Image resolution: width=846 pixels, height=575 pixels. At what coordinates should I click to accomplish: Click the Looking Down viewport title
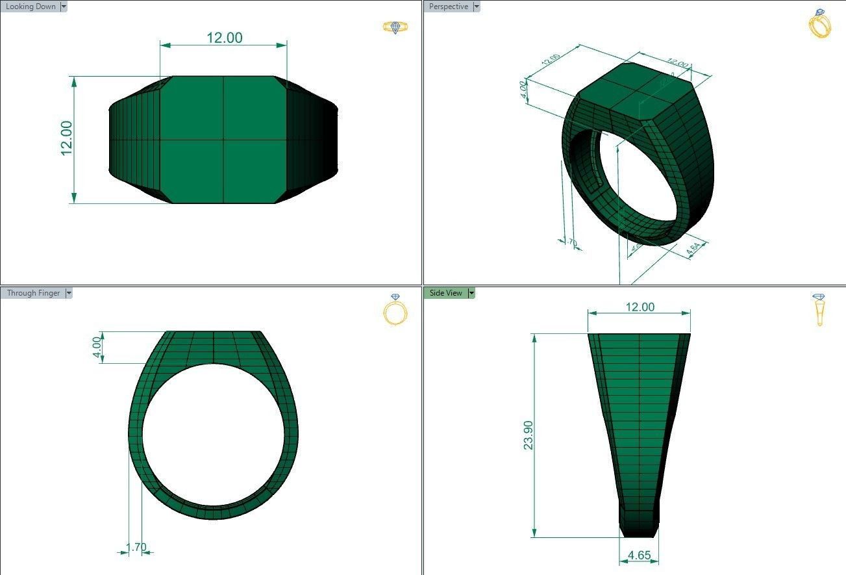31,6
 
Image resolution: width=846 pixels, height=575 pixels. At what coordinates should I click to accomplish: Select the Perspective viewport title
449,6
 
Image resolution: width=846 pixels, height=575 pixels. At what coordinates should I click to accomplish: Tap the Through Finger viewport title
33,293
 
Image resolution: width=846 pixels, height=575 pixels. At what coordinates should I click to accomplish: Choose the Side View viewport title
445,293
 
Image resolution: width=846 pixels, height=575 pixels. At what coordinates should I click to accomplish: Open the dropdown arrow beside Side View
472,293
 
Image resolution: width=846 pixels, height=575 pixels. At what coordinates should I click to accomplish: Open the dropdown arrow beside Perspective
477,6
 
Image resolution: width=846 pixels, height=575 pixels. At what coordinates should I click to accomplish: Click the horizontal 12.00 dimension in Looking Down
224,38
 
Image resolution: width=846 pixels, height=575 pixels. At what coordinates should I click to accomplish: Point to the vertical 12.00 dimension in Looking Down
66,138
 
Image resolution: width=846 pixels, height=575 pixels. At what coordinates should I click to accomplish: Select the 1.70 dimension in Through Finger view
136,548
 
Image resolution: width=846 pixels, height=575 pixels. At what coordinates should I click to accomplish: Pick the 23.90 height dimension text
528,435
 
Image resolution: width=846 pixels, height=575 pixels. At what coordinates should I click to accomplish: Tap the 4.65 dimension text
640,556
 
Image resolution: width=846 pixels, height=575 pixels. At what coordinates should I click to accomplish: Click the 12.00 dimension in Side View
640,307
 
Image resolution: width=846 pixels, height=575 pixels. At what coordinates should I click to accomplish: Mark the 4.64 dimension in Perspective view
692,249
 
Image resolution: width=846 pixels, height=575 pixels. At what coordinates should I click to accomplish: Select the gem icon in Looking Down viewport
395,27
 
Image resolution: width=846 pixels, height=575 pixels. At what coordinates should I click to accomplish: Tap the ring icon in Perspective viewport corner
819,23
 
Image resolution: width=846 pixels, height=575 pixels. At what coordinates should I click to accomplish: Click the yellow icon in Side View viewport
819,309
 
